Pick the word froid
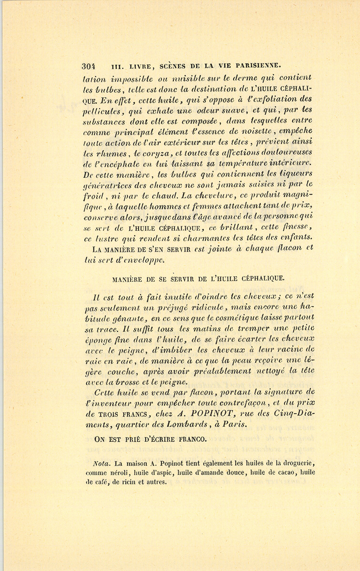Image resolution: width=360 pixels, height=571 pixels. (x=93, y=196)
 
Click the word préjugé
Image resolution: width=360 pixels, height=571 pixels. (x=177, y=308)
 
